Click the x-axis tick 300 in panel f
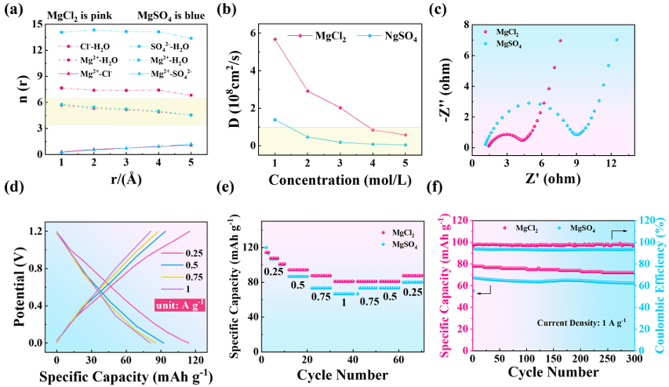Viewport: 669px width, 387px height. point(631,358)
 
